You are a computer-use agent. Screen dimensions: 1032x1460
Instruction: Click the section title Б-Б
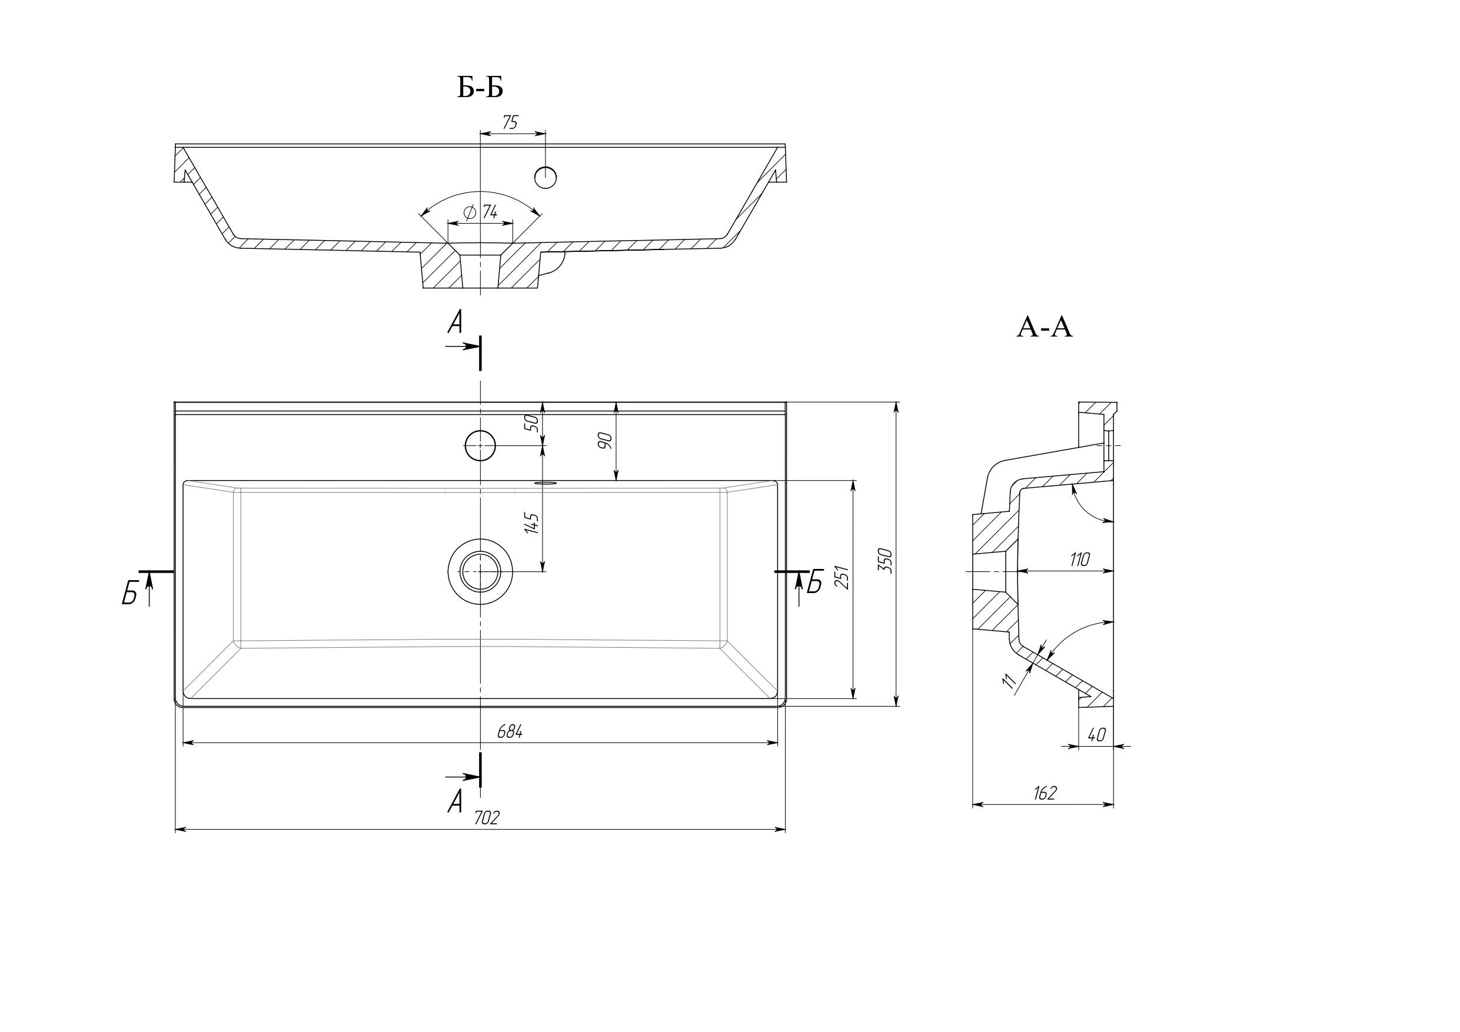480,88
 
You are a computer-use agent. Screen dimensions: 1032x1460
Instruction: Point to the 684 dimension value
510,732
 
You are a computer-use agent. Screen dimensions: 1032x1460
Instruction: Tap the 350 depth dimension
886,560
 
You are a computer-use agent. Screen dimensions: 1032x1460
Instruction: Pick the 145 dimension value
533,522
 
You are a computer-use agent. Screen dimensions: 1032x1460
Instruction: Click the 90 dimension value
605,440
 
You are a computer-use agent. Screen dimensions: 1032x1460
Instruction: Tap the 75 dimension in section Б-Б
510,123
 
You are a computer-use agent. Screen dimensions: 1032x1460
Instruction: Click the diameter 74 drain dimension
482,212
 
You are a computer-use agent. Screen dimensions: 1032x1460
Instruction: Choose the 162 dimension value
1045,793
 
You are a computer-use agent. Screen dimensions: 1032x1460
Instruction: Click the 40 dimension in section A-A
1096,735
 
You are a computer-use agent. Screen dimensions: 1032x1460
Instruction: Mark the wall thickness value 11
1008,683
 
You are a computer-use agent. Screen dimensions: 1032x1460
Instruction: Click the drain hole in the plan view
480,571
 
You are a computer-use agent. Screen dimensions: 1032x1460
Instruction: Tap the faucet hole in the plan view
480,445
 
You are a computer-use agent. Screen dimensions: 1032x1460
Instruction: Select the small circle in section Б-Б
546,177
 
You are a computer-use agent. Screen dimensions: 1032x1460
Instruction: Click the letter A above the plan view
455,324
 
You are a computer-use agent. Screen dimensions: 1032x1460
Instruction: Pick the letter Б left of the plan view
131,594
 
